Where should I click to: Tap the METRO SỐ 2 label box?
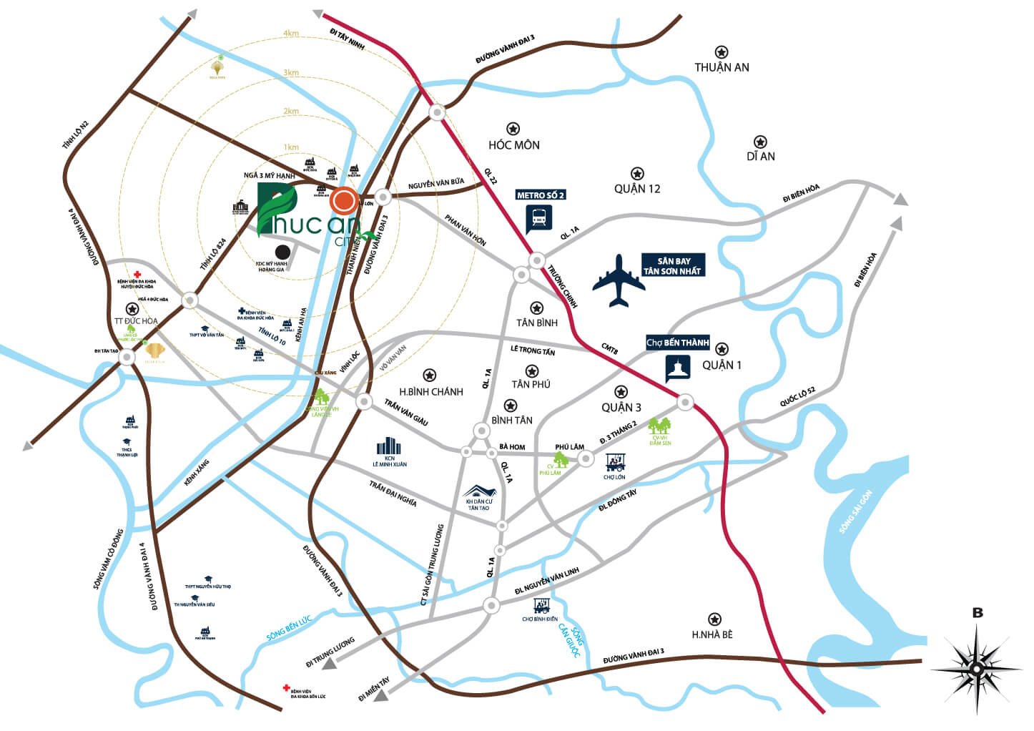[541, 195]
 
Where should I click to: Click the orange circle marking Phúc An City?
[344, 201]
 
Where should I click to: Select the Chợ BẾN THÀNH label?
[677, 343]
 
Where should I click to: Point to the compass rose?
[976, 669]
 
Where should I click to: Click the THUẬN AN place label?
[722, 67]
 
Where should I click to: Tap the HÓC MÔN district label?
[513, 145]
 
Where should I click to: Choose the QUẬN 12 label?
[637, 189]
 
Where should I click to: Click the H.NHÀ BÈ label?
[712, 634]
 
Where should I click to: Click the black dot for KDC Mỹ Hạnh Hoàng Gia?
[283, 252]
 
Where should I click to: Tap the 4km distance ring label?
[290, 34]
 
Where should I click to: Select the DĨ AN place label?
[760, 157]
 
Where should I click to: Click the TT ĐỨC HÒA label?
[136, 321]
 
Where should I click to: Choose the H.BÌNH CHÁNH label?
[430, 392]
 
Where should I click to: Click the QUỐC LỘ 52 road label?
[797, 397]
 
